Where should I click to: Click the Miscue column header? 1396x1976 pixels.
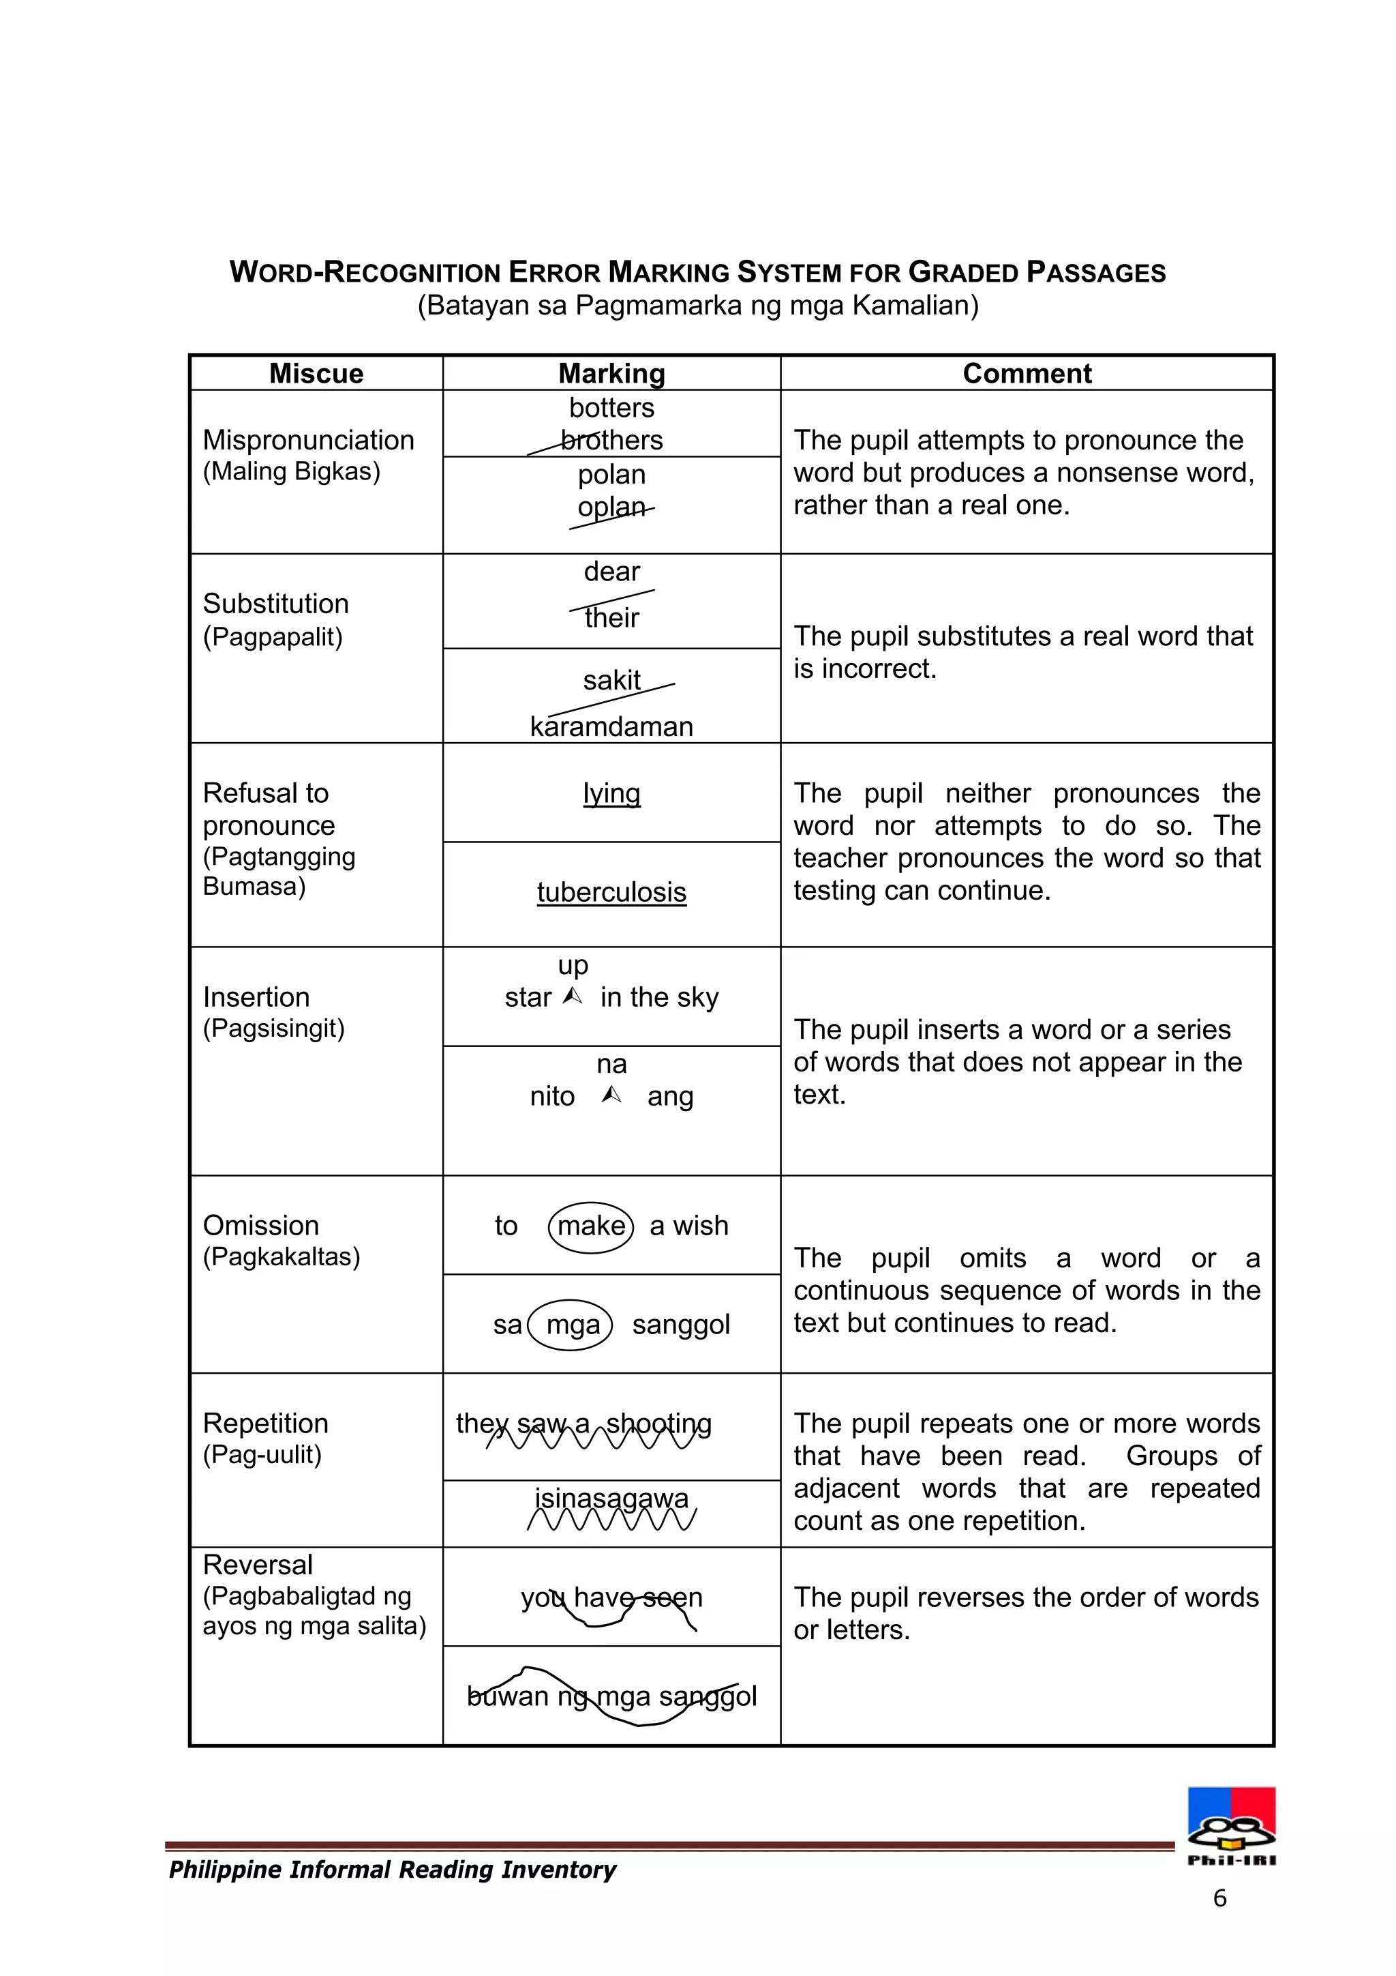pos(316,374)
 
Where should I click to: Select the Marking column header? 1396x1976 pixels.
pos(611,374)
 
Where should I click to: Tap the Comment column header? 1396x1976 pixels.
pos(1027,374)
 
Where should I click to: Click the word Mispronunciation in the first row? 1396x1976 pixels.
pos(308,440)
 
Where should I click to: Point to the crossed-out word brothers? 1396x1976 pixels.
pos(611,441)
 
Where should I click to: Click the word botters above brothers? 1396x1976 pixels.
pos(611,408)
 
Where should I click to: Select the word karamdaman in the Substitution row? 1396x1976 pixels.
pos(611,726)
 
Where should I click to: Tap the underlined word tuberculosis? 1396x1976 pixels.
pos(611,892)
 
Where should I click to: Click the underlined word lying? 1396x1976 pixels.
pos(611,793)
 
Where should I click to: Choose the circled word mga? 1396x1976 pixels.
pos(573,1325)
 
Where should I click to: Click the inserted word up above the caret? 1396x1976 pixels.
pos(573,964)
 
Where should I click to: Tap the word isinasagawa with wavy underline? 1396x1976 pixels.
pos(611,1499)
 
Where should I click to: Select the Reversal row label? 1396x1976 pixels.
pos(257,1565)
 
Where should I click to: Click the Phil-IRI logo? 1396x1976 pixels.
pos(1232,1825)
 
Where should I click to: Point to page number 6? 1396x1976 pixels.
pos(1219,1898)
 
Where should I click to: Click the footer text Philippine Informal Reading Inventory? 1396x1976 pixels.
pos(392,1870)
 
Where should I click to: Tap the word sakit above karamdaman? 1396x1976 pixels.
pos(611,681)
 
